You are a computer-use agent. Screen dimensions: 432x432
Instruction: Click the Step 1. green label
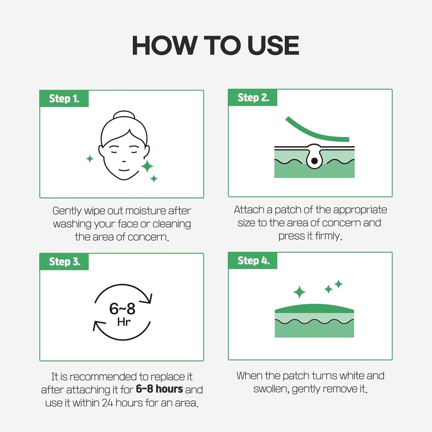click(x=64, y=99)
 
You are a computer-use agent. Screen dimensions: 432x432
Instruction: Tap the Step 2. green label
click(x=253, y=97)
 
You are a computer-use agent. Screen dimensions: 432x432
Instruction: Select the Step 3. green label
click(x=64, y=262)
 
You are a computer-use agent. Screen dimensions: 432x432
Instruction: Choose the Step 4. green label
click(x=253, y=260)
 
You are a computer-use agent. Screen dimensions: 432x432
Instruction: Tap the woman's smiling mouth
click(x=124, y=170)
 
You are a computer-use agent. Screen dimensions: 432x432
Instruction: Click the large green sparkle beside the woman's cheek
click(x=147, y=166)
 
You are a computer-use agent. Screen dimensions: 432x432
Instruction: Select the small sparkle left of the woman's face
click(x=90, y=159)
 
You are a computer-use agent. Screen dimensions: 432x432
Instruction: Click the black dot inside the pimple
click(x=314, y=161)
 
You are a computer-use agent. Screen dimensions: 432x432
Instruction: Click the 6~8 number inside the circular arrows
click(x=122, y=309)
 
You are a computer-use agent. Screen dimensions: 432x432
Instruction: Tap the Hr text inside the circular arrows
click(x=123, y=322)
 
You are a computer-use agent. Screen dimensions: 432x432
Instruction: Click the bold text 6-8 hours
click(x=159, y=389)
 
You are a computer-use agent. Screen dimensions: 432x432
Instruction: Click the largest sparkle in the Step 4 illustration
click(x=300, y=292)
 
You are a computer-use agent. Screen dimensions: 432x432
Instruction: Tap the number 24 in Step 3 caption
click(x=107, y=403)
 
